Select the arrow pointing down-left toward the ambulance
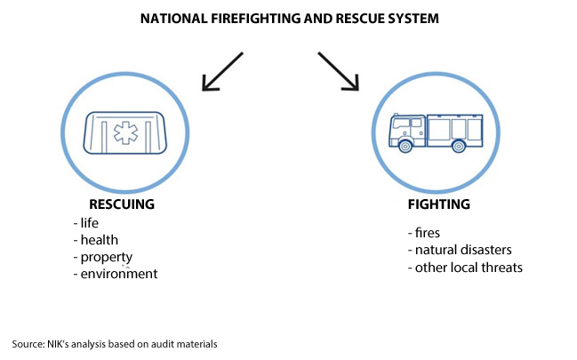(x=222, y=72)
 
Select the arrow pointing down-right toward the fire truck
(x=338, y=72)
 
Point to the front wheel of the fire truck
(x=406, y=147)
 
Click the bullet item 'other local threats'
(x=463, y=267)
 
